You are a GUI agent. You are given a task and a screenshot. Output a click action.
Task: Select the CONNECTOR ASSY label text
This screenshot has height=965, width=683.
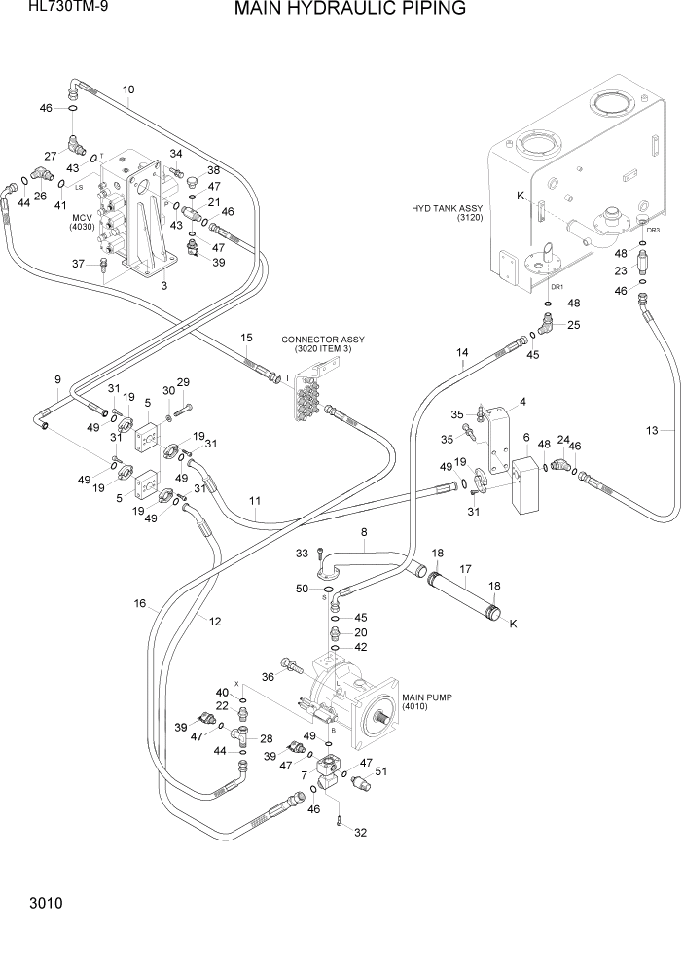tap(322, 340)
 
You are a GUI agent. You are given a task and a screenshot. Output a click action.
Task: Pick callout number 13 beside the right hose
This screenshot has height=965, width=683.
tap(653, 430)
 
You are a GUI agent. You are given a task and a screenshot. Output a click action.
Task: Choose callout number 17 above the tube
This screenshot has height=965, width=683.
tap(465, 569)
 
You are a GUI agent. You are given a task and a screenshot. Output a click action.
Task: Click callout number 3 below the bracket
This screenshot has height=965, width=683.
tap(163, 286)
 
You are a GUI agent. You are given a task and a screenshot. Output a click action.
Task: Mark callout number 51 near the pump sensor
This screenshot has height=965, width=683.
tap(380, 771)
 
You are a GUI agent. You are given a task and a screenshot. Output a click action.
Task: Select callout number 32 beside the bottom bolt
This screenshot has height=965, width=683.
tap(361, 833)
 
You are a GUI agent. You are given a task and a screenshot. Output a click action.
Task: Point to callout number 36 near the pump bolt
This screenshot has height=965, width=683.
tap(269, 677)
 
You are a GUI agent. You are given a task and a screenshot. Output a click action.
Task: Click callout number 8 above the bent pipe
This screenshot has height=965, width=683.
tap(364, 532)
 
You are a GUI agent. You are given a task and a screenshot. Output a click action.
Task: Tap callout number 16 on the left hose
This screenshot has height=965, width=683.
tap(141, 604)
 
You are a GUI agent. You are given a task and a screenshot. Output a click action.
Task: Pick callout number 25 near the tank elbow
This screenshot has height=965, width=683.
tap(573, 325)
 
